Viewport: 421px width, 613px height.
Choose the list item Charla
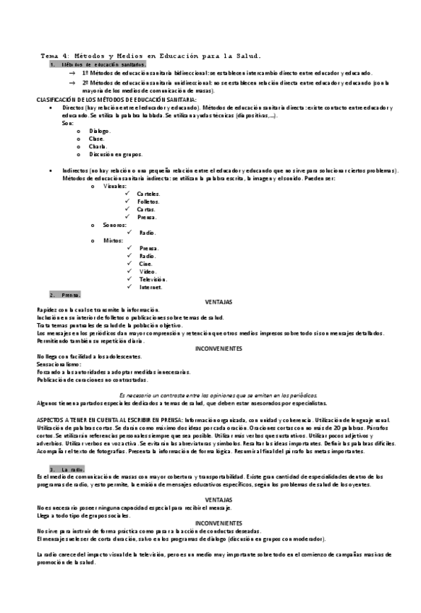(98, 146)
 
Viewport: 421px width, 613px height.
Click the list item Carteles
(149, 194)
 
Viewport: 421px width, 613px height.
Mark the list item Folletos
(148, 202)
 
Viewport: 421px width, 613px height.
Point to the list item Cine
(145, 264)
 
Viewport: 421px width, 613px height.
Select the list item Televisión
(153, 279)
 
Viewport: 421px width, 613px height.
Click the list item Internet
(150, 287)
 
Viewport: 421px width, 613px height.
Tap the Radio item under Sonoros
(147, 233)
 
